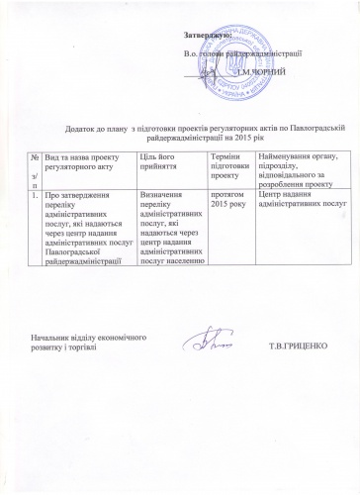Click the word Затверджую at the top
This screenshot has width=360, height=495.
pyautogui.click(x=206, y=36)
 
